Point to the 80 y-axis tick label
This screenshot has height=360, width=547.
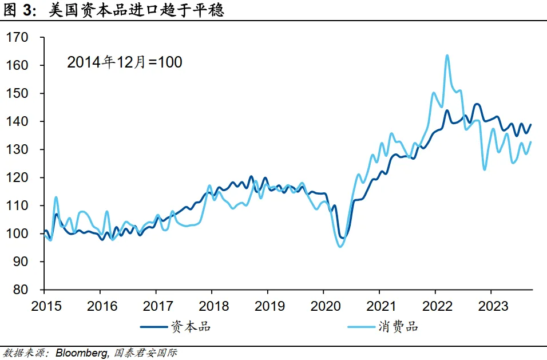[x=21, y=290]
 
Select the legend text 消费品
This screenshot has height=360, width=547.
[x=398, y=327]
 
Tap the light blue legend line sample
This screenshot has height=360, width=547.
[x=360, y=327]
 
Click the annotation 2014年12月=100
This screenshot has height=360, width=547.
[x=125, y=62]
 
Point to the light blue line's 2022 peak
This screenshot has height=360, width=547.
[x=447, y=56]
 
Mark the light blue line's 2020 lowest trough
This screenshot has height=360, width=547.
[x=340, y=246]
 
